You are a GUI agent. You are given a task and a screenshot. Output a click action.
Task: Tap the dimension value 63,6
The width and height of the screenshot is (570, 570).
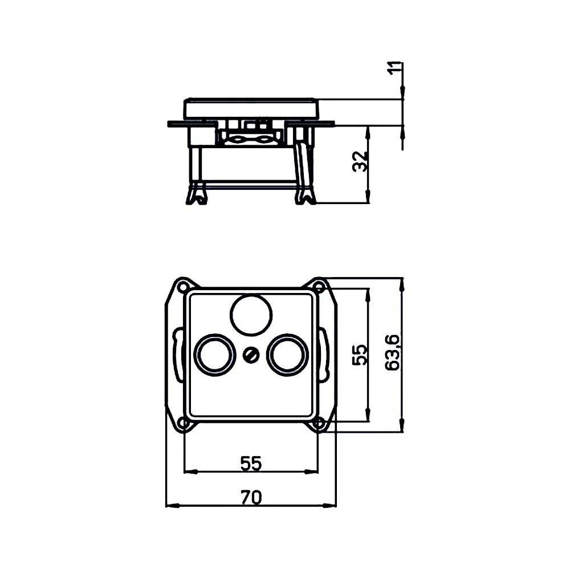click(392, 353)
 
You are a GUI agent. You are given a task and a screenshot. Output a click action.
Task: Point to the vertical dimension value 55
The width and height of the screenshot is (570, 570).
click(359, 355)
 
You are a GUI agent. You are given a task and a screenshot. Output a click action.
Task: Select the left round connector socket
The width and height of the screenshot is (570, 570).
click(214, 354)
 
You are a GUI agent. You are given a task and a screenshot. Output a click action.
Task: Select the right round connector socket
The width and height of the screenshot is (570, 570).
click(288, 354)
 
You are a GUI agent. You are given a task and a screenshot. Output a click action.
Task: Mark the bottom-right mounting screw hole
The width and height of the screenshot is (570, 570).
click(320, 423)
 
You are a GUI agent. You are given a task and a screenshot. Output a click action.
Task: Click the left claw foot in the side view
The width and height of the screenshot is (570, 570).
click(196, 195)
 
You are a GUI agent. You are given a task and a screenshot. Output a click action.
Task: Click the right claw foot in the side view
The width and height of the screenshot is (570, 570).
click(304, 195)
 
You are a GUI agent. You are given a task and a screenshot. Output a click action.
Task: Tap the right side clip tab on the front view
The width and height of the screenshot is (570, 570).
click(325, 355)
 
